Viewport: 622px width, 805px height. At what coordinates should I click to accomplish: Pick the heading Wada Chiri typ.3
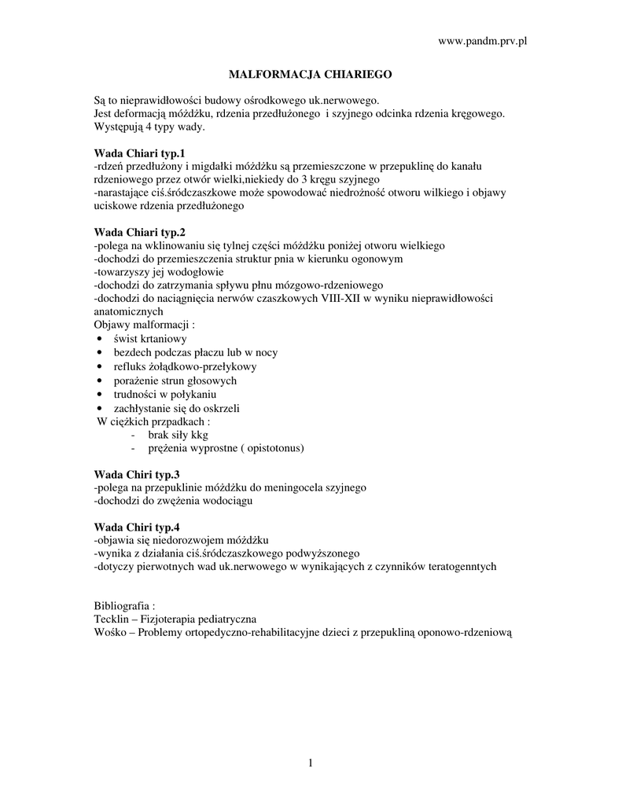click(x=137, y=474)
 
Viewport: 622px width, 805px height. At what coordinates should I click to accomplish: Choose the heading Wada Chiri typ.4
click(x=137, y=527)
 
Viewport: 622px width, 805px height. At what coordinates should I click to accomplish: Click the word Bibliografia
click(x=122, y=606)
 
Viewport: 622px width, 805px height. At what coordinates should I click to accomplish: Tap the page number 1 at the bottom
click(x=311, y=763)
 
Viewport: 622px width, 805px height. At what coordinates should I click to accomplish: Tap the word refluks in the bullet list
click(x=131, y=366)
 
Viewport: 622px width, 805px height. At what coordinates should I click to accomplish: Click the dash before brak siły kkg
click(x=131, y=435)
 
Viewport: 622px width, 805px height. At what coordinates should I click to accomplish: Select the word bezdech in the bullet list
click(x=134, y=353)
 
